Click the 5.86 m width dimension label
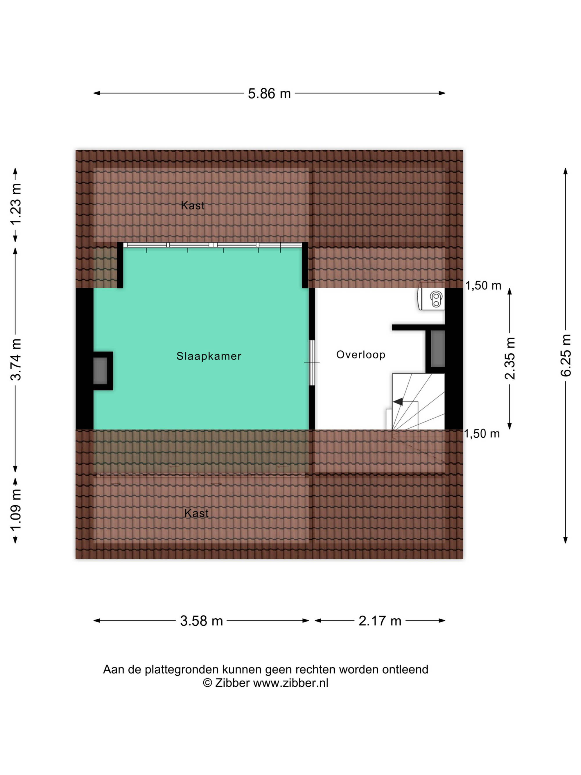[269, 94]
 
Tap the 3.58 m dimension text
[201, 621]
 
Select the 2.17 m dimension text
[380, 621]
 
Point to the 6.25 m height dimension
[565, 355]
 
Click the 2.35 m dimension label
[510, 358]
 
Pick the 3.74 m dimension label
[16, 359]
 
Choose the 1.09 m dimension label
[16, 510]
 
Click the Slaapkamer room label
[209, 356]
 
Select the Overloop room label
[361, 355]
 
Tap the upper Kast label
[193, 206]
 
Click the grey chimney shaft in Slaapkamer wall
[100, 371]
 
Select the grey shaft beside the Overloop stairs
[438, 349]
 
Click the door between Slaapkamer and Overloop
[312, 363]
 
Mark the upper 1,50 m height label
[483, 286]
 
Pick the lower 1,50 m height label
[482, 434]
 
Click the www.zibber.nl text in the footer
[291, 683]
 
